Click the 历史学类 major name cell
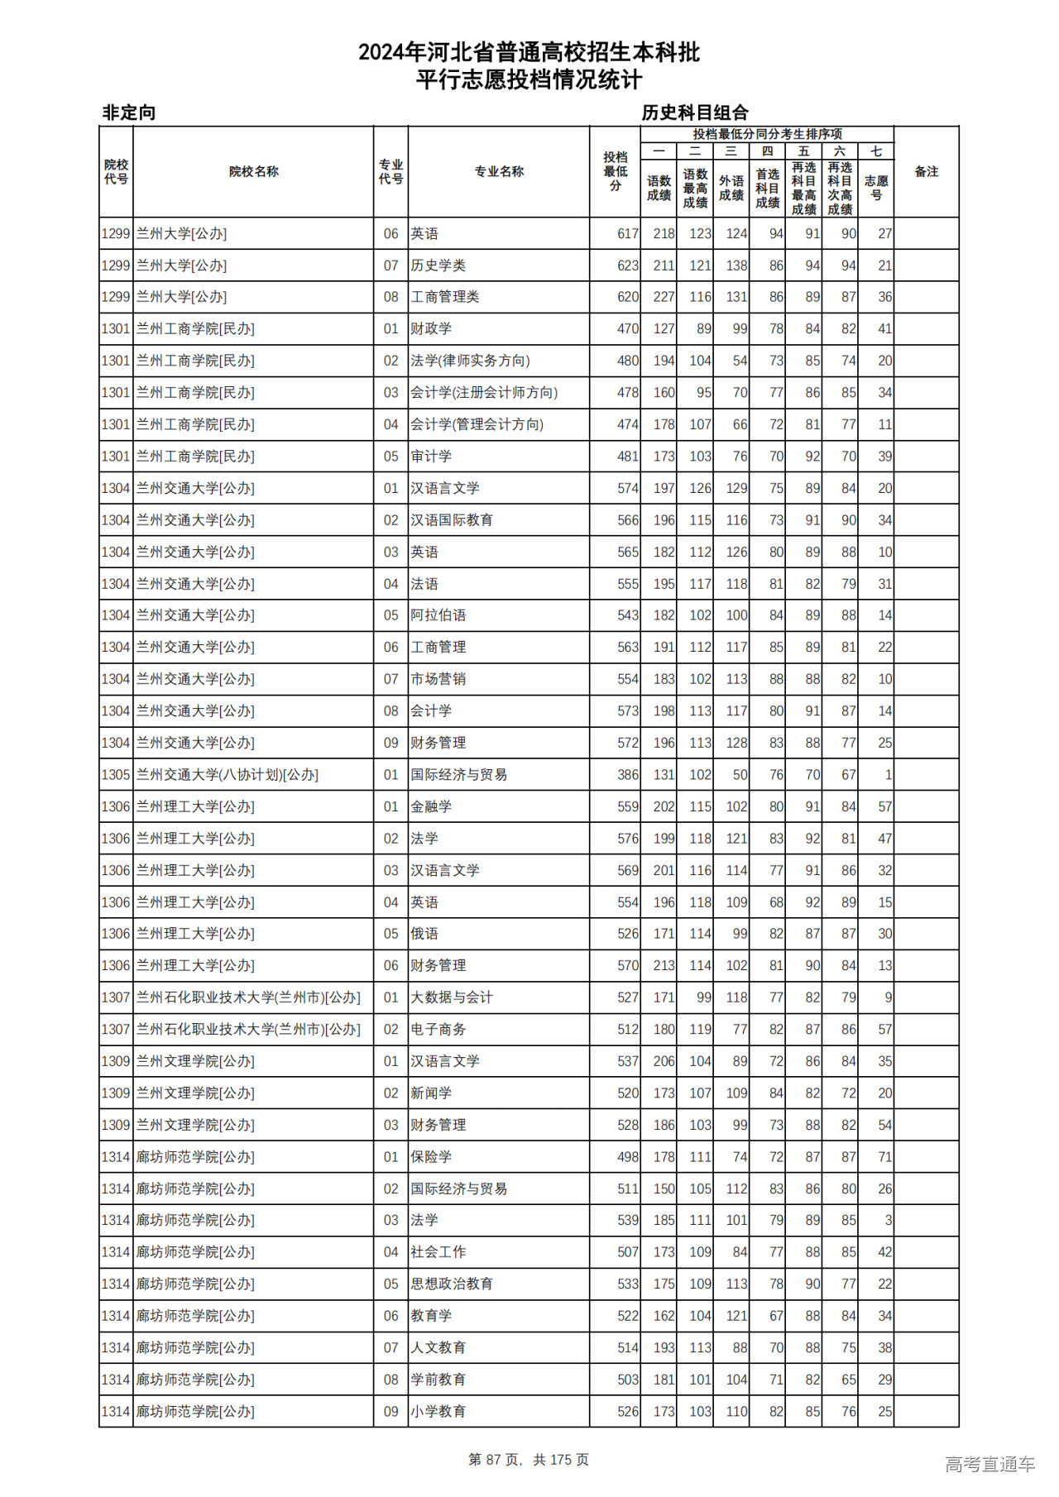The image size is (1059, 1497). pos(438,265)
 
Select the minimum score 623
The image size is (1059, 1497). pos(628,265)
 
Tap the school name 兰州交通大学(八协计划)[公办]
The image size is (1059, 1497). pos(228,775)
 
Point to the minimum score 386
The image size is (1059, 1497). pos(628,775)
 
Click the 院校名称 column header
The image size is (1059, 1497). pos(253,172)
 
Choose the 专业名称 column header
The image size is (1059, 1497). pos(499,172)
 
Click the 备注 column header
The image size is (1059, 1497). pos(926,172)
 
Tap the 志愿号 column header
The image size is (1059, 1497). pos(876,188)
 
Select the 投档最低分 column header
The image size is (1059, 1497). pos(615,172)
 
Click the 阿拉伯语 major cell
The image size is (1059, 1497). pos(438,615)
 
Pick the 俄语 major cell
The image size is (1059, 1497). pos(424,934)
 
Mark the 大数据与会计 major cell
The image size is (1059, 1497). pos(452,997)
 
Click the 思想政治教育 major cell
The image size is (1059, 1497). pos(452,1284)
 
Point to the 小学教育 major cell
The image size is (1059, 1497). pos(438,1411)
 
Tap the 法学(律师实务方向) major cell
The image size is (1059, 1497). pos(470,361)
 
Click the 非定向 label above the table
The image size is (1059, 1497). pos(128,112)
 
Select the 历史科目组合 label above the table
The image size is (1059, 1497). pos(695,112)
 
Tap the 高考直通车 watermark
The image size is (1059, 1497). pos(990,1464)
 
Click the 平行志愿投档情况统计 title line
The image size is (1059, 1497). pos(529,80)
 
